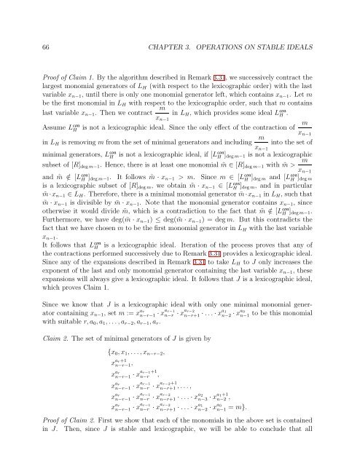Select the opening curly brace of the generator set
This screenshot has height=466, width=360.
[x=108, y=374]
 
